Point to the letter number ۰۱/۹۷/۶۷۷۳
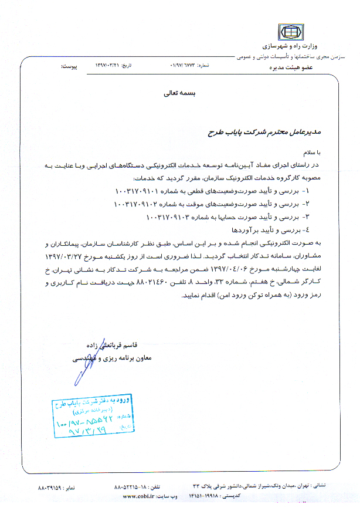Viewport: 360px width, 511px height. (178, 66)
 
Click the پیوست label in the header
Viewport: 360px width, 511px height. (70, 66)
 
